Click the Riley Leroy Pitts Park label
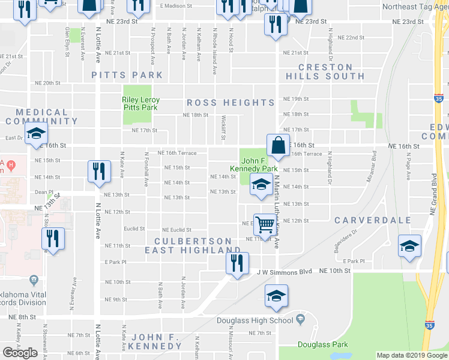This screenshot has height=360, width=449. [x=140, y=104]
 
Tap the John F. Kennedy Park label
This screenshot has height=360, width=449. [x=258, y=165]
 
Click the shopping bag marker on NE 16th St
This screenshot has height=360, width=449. [x=277, y=146]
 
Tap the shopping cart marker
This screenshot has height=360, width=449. [x=264, y=226]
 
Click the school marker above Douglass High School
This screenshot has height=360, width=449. [x=276, y=296]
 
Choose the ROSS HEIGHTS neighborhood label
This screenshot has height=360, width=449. [x=231, y=103]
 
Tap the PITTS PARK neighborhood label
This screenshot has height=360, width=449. [x=127, y=75]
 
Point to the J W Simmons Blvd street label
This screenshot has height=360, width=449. [x=285, y=272]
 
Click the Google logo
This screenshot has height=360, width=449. [x=20, y=353]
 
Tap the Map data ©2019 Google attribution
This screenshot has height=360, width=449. [x=411, y=356]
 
